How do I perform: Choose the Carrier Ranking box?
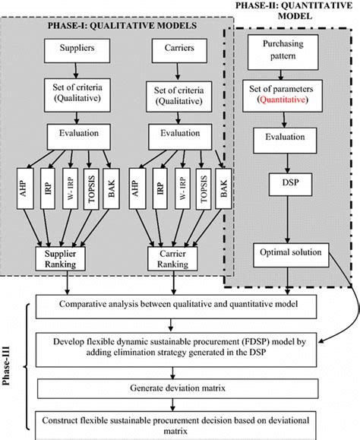tap(172, 258)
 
